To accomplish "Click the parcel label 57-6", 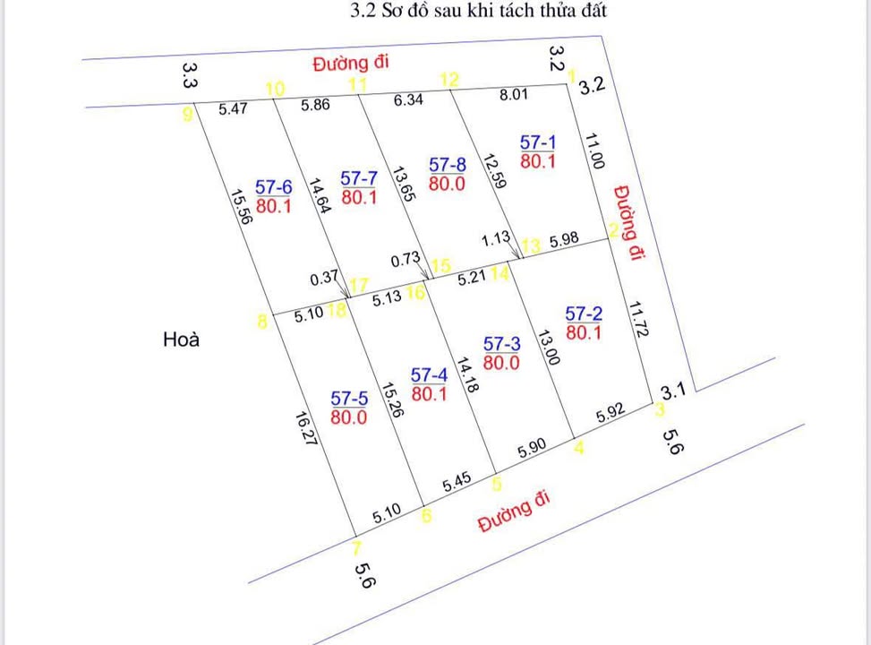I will tap(274, 187).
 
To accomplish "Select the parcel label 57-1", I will tap(538, 142).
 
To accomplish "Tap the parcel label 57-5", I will tap(349, 398).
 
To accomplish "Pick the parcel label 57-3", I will tap(501, 344).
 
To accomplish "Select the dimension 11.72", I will tap(637, 319).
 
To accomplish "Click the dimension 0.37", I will tap(322, 279).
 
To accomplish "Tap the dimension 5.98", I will tap(565, 240).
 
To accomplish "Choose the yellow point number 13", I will tap(532, 245).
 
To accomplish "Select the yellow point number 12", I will tap(449, 80).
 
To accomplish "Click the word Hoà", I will tap(182, 340).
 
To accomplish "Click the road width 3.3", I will tap(189, 73).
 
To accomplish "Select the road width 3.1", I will tap(673, 391).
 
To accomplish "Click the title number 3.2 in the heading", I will tap(364, 12).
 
